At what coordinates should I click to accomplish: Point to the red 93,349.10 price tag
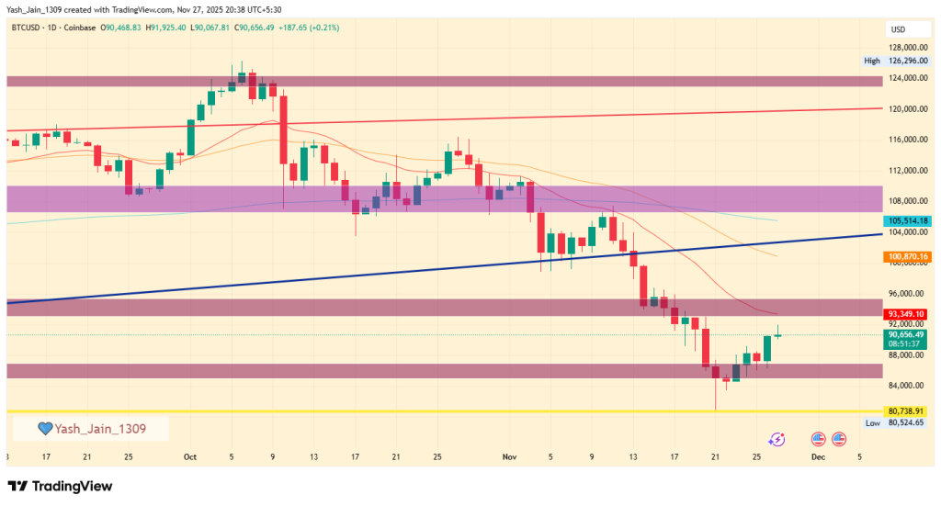[905, 314]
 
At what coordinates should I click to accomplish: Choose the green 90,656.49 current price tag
[905, 335]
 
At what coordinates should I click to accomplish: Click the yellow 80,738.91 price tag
[905, 410]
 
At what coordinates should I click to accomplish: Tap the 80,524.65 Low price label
[905, 423]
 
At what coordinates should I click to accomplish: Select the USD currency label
[897, 29]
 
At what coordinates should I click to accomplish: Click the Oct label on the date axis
[190, 456]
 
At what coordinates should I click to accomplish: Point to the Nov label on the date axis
[510, 456]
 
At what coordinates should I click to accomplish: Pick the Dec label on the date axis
[818, 456]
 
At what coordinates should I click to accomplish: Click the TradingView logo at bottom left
[61, 486]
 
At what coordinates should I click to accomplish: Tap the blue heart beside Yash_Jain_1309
[43, 428]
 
